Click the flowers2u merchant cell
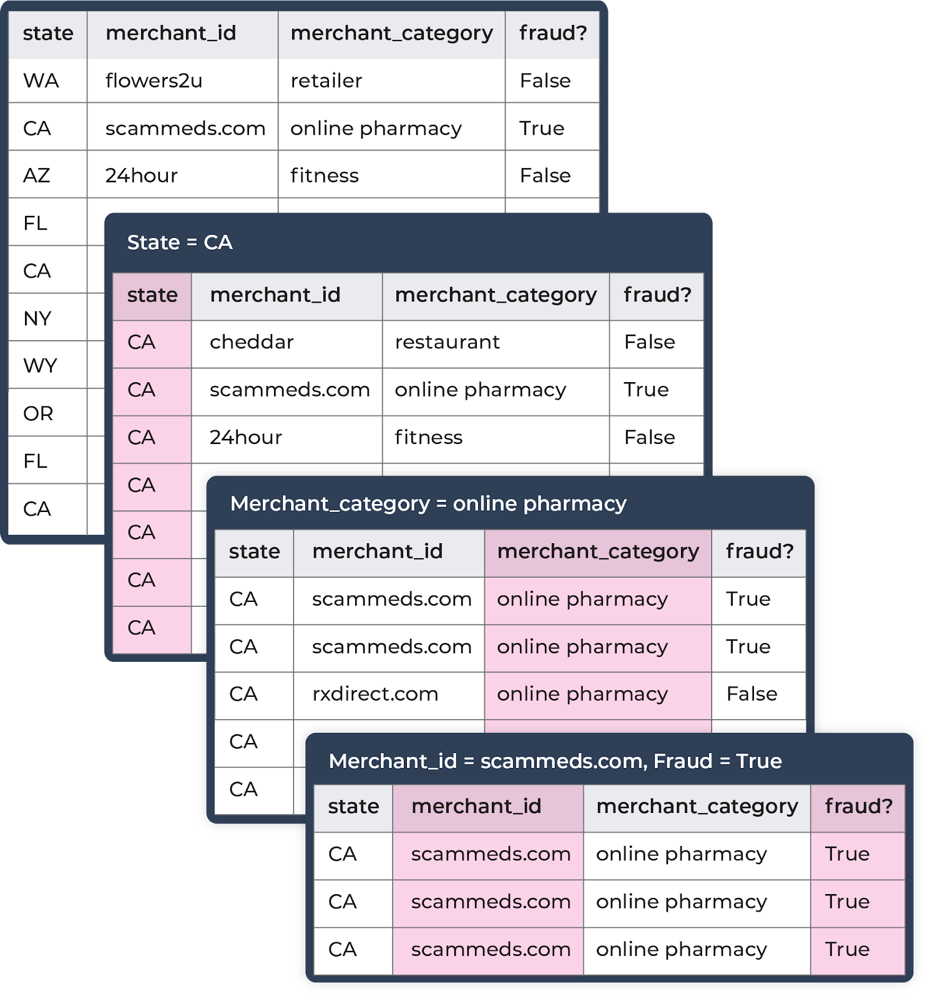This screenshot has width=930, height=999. click(x=182, y=81)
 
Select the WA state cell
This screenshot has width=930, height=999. click(x=48, y=81)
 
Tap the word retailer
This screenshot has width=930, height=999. click(x=326, y=81)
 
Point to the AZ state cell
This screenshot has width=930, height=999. click(x=48, y=175)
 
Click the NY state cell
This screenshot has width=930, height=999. click(x=48, y=318)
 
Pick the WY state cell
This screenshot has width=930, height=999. click(x=48, y=365)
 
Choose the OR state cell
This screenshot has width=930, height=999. click(x=48, y=413)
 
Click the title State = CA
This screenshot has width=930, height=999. click(x=180, y=242)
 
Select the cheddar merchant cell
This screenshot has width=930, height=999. click(x=286, y=342)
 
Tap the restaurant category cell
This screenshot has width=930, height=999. click(x=496, y=342)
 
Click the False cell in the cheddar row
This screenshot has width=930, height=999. click(x=657, y=342)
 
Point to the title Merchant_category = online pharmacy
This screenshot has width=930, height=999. click(x=428, y=503)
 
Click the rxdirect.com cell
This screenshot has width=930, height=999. click(x=389, y=694)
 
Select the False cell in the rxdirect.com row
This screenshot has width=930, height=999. click(x=758, y=694)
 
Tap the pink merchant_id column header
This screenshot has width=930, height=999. click(x=488, y=806)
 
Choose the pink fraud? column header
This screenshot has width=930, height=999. click(x=858, y=806)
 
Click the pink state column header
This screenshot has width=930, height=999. click(x=152, y=295)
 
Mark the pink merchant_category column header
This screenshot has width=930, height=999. click(x=598, y=551)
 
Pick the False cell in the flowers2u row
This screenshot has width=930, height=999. click(x=552, y=81)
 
